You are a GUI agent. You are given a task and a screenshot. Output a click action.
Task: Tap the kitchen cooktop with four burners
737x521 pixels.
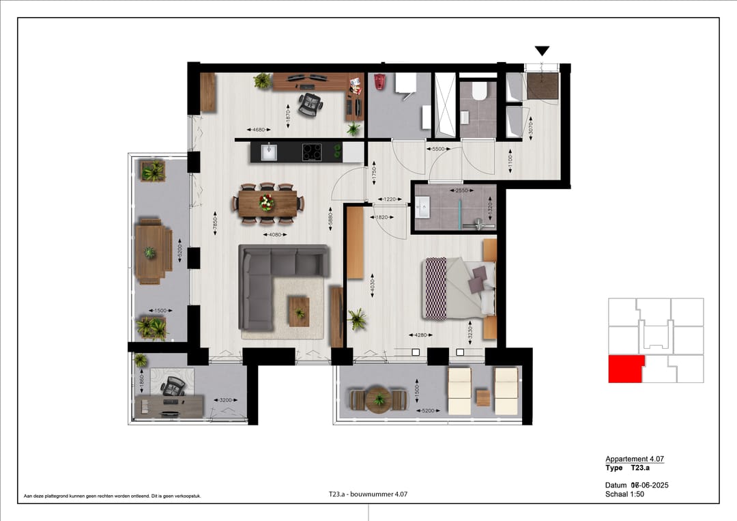pyautogui.click(x=312, y=152)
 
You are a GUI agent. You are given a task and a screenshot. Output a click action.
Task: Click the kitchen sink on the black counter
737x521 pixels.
pyautogui.click(x=268, y=152)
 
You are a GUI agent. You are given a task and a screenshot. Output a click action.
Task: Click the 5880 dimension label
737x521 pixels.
pyautogui.click(x=330, y=220)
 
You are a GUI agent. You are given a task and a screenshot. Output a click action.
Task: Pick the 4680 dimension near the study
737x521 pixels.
pyautogui.click(x=257, y=130)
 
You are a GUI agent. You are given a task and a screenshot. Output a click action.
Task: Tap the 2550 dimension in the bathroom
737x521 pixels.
pyautogui.click(x=461, y=191)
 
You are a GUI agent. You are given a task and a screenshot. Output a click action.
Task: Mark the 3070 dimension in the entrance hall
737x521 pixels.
pyautogui.click(x=530, y=126)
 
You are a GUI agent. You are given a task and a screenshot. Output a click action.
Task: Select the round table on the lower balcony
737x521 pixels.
pyautogui.click(x=377, y=399)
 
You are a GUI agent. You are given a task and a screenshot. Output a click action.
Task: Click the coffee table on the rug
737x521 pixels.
pyautogui.click(x=299, y=311)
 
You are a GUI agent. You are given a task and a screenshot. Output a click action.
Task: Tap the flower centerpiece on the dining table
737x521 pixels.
pyautogui.click(x=266, y=202)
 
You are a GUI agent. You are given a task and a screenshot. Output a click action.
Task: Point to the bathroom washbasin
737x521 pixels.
pyautogui.click(x=422, y=206)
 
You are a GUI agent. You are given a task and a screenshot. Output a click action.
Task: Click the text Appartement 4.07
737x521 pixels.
pyautogui.click(x=635, y=459)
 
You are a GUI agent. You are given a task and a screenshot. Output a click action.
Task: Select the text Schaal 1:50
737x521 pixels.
pyautogui.click(x=624, y=494)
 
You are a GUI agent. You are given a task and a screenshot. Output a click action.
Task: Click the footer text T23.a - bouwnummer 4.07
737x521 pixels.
pyautogui.click(x=369, y=494)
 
